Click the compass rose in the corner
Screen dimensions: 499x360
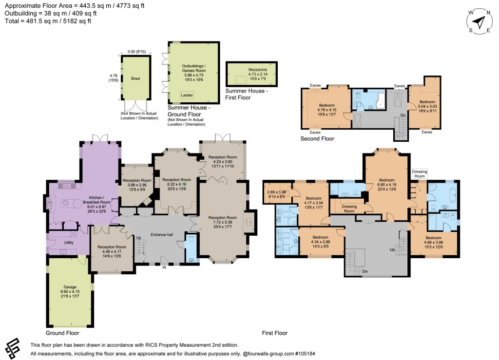point(480,21)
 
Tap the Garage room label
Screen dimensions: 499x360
point(70,287)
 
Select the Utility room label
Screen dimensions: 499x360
point(69,242)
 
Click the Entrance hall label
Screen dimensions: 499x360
point(162,235)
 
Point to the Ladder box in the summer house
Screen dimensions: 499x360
point(187,95)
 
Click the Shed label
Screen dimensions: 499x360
point(135,78)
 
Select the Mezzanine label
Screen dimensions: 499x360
point(258,70)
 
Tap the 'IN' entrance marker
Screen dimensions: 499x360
point(164,268)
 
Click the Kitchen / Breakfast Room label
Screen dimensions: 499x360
point(97,200)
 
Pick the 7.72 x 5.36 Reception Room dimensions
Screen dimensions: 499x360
point(223,222)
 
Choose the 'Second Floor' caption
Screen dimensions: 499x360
point(317,139)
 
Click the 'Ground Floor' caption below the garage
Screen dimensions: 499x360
point(62,333)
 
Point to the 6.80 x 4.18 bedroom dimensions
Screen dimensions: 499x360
point(386,185)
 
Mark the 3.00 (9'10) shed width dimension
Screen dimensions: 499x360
point(136,52)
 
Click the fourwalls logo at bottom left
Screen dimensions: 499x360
point(13,348)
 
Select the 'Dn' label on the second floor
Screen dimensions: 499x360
point(403,115)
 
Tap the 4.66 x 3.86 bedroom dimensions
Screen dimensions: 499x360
point(433,242)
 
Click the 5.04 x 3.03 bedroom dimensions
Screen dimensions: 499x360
point(427,107)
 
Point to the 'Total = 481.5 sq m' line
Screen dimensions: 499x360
point(48,21)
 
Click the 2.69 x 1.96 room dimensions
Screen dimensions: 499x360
point(277,192)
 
